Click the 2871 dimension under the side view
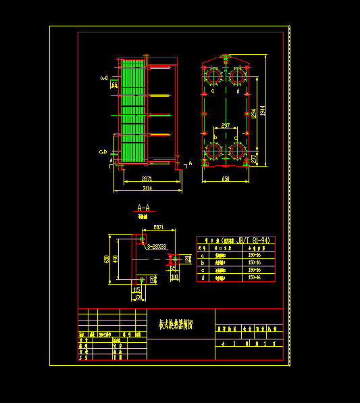click(146, 179)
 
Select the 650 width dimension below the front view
click(225, 179)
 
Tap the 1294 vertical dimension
click(254, 115)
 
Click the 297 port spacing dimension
click(225, 125)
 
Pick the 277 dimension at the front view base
click(253, 158)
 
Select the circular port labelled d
click(237, 76)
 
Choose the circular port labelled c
click(237, 151)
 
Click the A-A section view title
click(143, 207)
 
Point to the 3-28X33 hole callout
click(155, 247)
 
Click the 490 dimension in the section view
click(115, 259)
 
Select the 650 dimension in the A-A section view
click(107, 259)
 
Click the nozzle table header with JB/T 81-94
click(236, 240)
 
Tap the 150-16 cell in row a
click(255, 256)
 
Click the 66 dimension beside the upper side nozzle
click(114, 85)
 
